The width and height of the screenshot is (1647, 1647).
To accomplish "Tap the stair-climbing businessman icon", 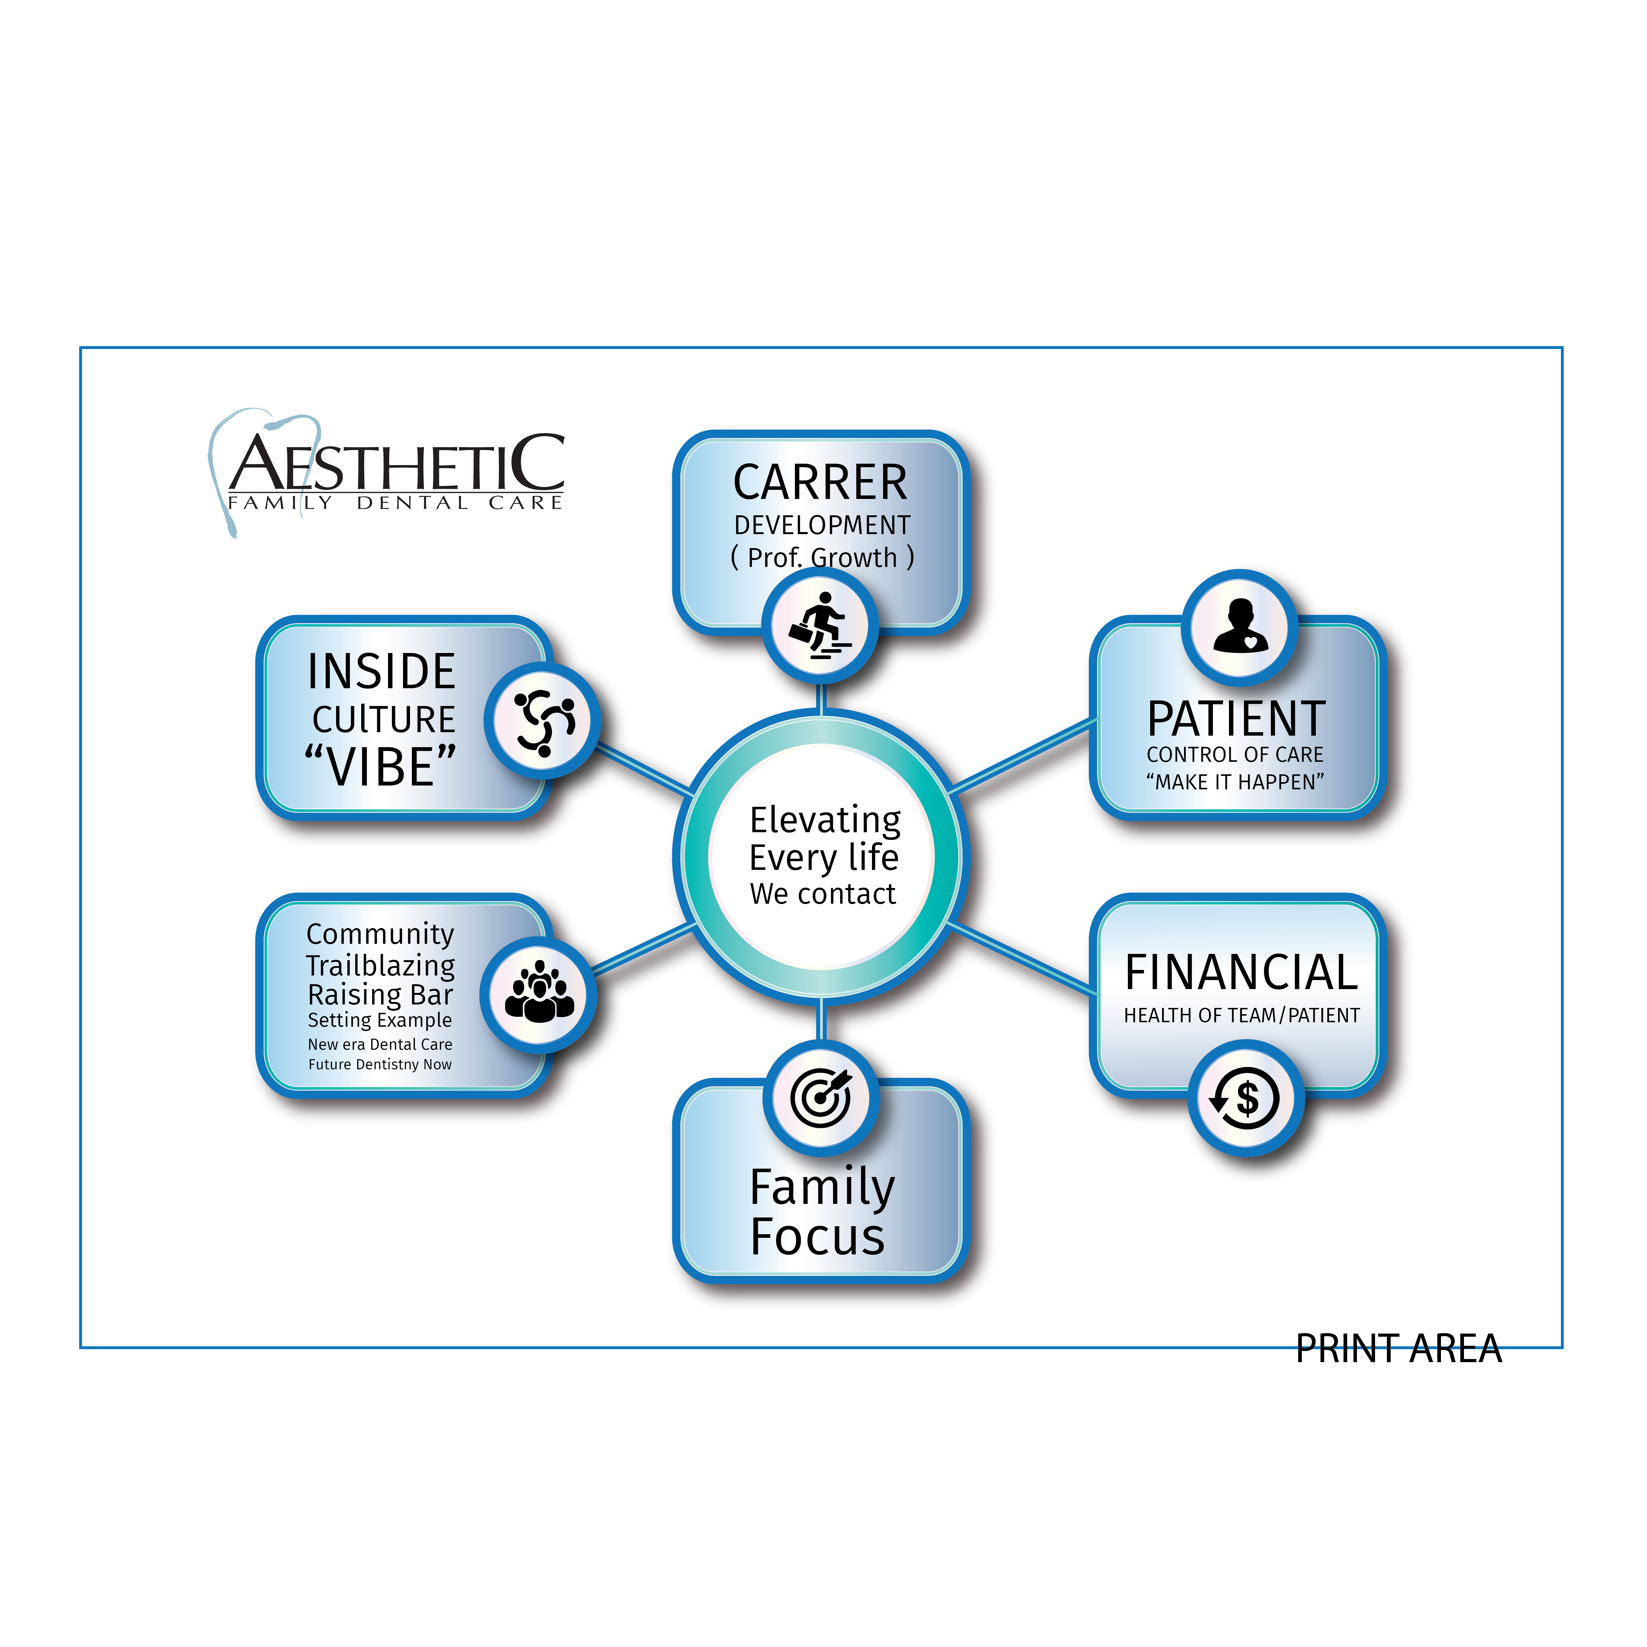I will pos(819,626).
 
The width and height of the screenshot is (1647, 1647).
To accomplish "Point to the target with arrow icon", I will pos(820,1097).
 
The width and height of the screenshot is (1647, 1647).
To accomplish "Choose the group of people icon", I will pos(539,994).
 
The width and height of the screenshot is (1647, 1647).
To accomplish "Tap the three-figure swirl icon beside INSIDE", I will pos(543,721).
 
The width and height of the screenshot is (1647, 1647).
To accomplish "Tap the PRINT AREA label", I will pos(1398,1349).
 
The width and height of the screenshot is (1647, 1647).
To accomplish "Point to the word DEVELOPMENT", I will pos(822,525).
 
